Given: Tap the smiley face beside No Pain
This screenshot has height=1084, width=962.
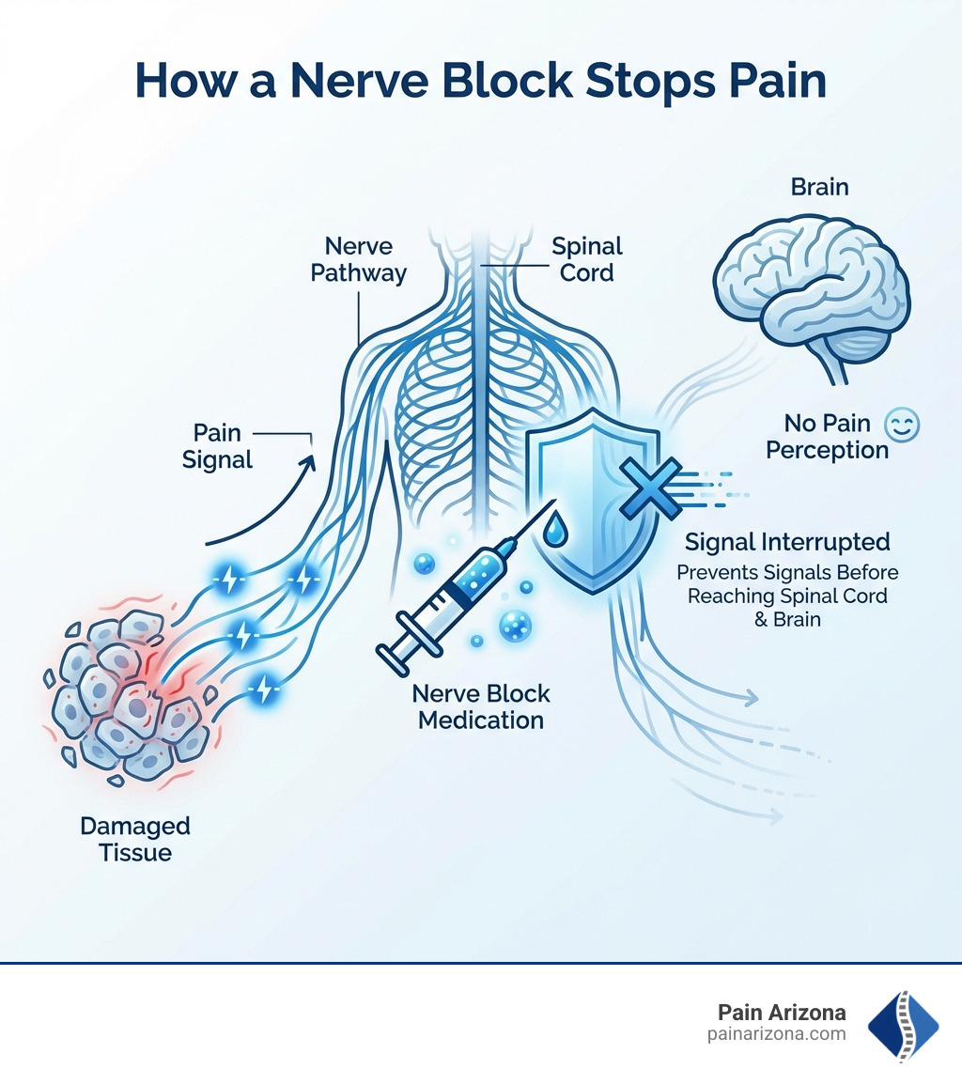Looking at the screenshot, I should (x=903, y=426).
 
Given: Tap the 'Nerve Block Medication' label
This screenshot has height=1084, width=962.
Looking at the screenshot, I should (x=480, y=707).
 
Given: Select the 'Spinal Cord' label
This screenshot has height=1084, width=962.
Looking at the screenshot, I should (x=586, y=259).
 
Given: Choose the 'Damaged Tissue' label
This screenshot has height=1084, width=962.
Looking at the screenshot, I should (x=135, y=839).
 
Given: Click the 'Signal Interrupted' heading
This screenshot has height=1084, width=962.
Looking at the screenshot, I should (x=787, y=542).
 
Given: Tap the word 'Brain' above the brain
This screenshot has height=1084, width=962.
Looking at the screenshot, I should (x=818, y=187).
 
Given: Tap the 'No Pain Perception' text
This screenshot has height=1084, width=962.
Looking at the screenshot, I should (x=827, y=438).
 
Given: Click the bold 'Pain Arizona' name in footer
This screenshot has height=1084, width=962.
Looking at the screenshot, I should (x=782, y=1013).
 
